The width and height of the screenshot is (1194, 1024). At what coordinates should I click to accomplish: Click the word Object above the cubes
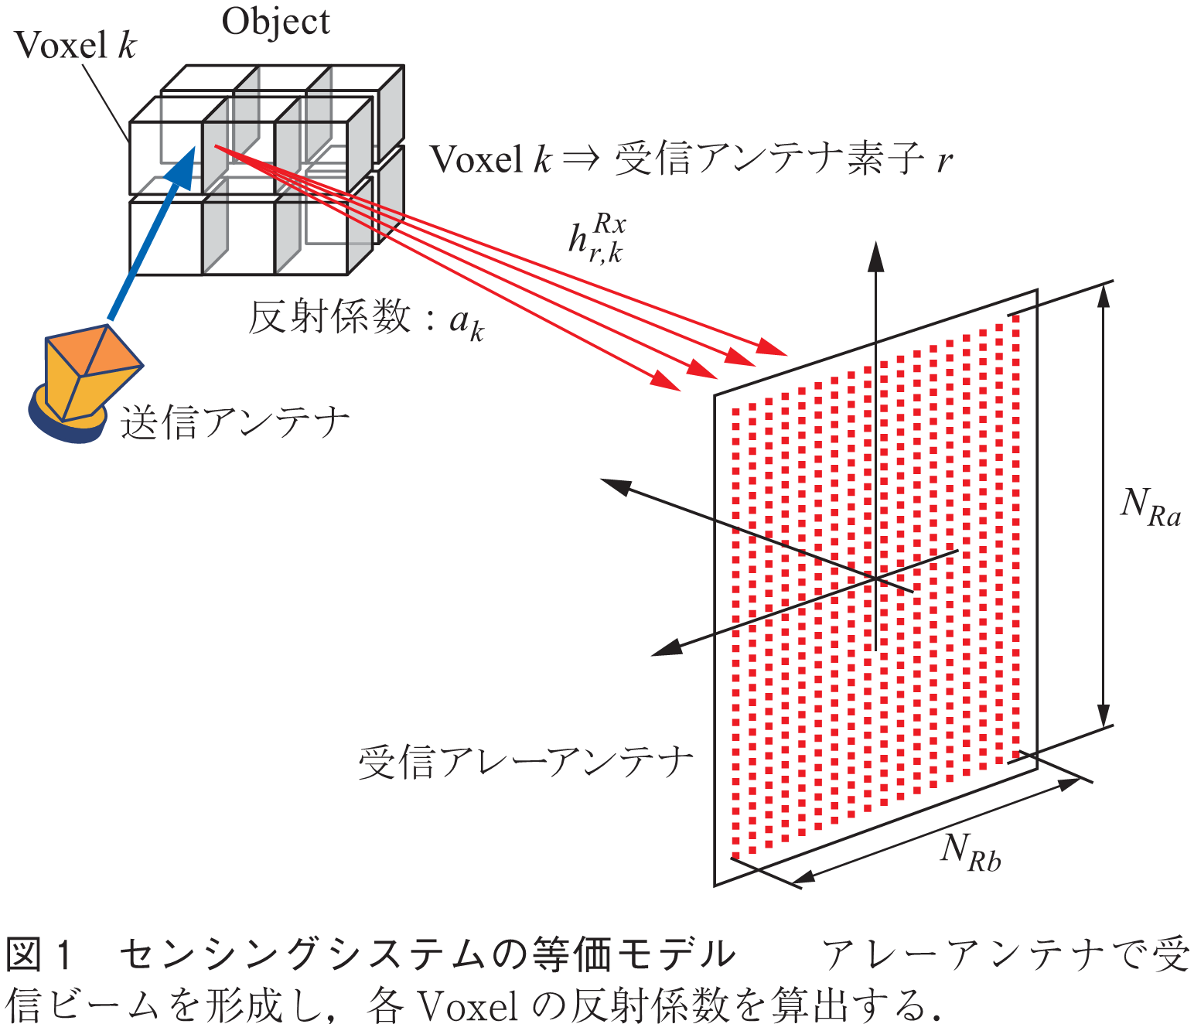point(275,22)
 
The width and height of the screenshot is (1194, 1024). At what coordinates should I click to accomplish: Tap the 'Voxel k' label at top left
point(75,46)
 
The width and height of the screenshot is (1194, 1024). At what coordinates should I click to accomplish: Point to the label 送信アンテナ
point(234,424)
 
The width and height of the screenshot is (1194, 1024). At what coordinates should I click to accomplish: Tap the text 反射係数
point(329,316)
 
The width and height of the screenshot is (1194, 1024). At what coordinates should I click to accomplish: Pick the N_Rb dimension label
point(970,852)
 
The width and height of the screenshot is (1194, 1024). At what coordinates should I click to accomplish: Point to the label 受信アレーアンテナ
point(525,763)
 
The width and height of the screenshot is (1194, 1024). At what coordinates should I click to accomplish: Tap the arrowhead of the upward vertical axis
point(875,255)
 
